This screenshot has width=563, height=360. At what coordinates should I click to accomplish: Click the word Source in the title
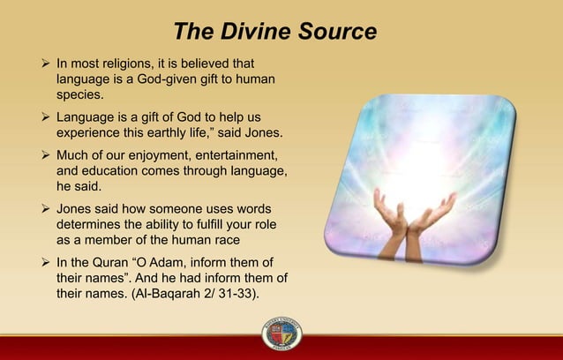click(335, 33)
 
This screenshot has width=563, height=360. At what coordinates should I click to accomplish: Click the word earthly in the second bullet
click(175, 134)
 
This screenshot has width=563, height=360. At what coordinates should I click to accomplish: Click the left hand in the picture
click(391, 216)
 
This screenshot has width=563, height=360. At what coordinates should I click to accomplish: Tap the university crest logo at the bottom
click(281, 336)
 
